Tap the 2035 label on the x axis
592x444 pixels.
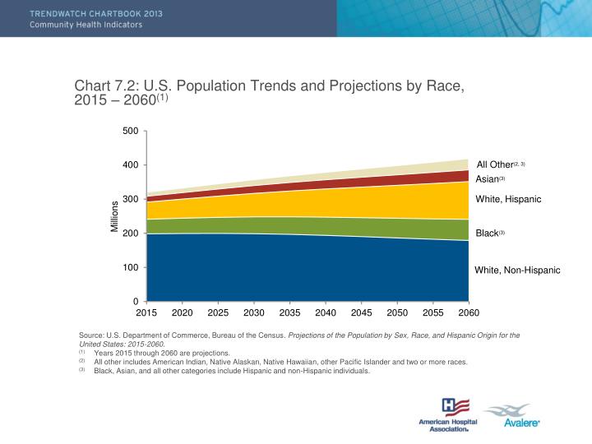(x=289, y=312)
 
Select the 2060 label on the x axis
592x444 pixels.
(x=469, y=312)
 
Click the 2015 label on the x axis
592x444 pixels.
(x=146, y=312)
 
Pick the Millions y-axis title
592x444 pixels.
(x=115, y=216)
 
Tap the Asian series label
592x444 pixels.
(x=489, y=179)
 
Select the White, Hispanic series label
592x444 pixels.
(x=508, y=199)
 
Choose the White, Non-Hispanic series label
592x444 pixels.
(x=517, y=270)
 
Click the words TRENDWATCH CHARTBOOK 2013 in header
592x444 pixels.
(x=86, y=13)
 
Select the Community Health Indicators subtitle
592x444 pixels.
(x=86, y=25)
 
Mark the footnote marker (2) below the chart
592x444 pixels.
(x=82, y=360)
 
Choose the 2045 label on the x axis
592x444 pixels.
(x=361, y=312)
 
